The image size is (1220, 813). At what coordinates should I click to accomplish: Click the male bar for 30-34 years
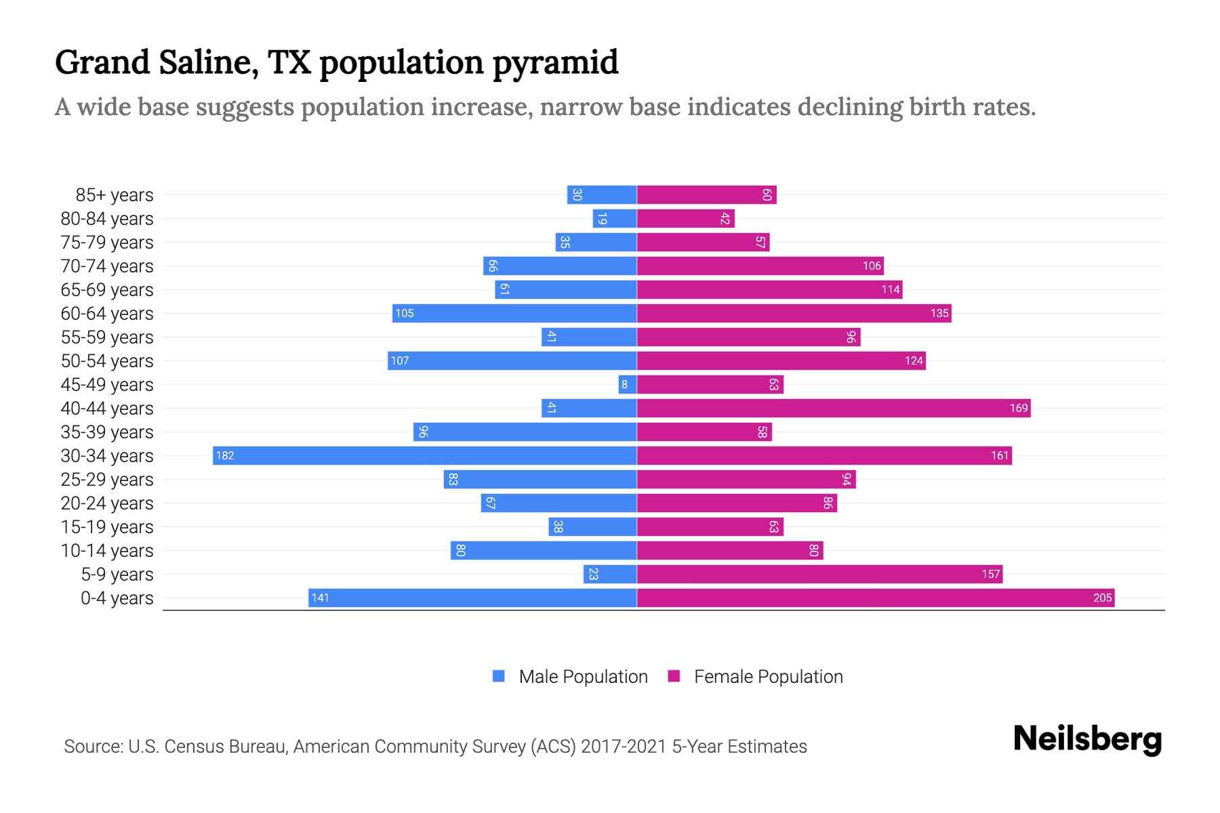point(425,455)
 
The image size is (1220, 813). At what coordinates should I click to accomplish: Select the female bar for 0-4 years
point(876,598)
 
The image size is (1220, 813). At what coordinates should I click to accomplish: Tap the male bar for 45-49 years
point(628,384)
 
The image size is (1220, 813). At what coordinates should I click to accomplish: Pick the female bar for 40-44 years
point(834,408)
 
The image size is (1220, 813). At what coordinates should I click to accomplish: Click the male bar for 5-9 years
point(610,574)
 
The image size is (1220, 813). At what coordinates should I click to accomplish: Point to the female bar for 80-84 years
point(686,218)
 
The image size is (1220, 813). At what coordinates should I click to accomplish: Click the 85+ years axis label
point(115,195)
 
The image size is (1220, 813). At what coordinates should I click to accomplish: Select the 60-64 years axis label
point(107,314)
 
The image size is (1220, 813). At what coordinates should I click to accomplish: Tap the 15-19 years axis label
point(107,527)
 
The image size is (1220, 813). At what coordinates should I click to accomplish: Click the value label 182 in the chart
point(225,456)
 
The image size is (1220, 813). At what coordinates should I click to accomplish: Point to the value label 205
point(1102,598)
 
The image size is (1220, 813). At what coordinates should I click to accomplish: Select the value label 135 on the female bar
point(939,314)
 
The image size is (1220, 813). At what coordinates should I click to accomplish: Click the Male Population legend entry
point(583,677)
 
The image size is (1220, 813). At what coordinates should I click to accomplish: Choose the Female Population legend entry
point(768,677)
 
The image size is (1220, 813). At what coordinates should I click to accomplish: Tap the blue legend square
point(499,676)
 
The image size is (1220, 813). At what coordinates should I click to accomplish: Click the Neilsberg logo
point(1087,739)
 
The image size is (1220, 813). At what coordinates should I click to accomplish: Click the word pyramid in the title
point(555,62)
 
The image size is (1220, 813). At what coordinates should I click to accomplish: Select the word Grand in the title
point(102,62)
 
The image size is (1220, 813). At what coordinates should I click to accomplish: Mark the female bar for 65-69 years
point(769,289)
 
